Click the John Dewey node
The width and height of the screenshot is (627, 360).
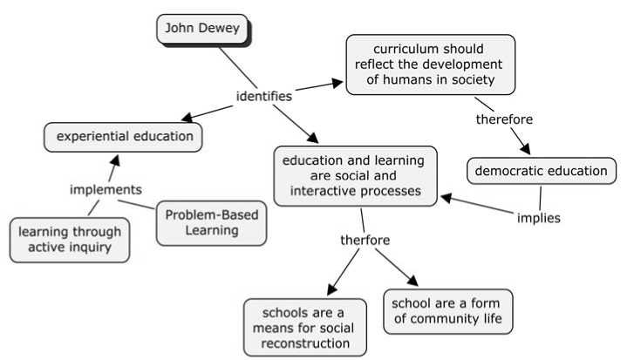pos(202,29)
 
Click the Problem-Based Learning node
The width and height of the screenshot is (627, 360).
pos(210,223)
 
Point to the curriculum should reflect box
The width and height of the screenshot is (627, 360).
pos(429,64)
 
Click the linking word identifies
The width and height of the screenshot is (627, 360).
pos(263,96)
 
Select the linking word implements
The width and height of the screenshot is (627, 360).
pos(106,189)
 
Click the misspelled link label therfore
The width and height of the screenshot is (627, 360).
pos(365,240)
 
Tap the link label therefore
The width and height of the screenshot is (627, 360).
pos(504,118)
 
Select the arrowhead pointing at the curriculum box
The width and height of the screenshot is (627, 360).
pos(338,84)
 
